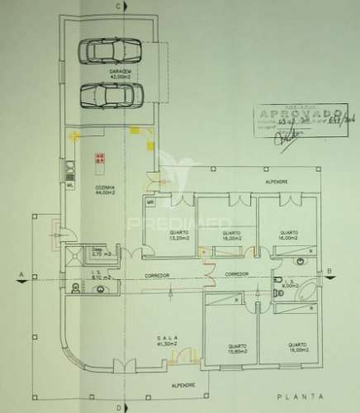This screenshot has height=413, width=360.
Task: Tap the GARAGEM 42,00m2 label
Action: point(121,74)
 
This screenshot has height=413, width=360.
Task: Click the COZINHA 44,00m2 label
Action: point(104,191)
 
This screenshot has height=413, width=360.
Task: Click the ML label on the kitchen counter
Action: point(70,186)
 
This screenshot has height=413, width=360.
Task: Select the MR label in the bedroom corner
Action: point(151,202)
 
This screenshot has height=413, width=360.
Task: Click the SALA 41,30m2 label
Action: point(168,341)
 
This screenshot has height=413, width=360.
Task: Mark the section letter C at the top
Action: point(120,7)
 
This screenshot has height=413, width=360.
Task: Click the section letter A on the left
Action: point(20,273)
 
